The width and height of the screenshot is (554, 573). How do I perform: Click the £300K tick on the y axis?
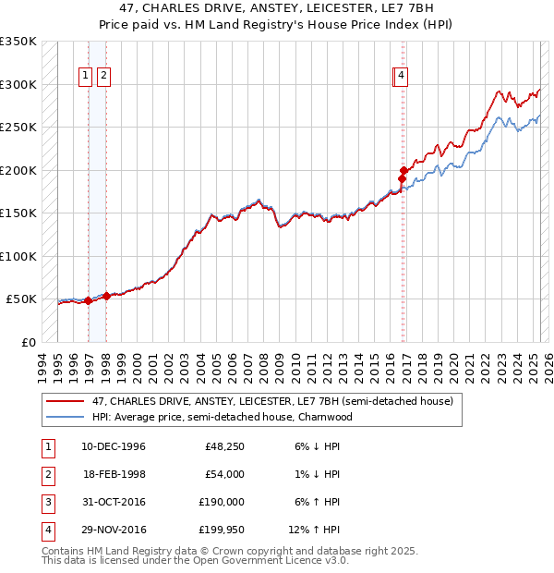[18, 84]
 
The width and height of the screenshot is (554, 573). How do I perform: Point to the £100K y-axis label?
[18, 256]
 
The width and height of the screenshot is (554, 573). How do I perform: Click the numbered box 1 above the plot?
[85, 78]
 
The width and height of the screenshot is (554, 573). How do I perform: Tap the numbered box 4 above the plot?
[403, 78]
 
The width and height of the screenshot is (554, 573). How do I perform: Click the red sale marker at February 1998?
[106, 296]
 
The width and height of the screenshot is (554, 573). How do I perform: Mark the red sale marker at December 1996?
[88, 300]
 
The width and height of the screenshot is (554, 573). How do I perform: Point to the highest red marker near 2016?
[403, 170]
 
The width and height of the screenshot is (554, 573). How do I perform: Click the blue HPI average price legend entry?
[223, 417]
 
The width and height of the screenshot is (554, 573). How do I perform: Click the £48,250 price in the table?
[223, 447]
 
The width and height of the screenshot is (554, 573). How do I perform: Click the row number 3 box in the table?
[45, 505]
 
